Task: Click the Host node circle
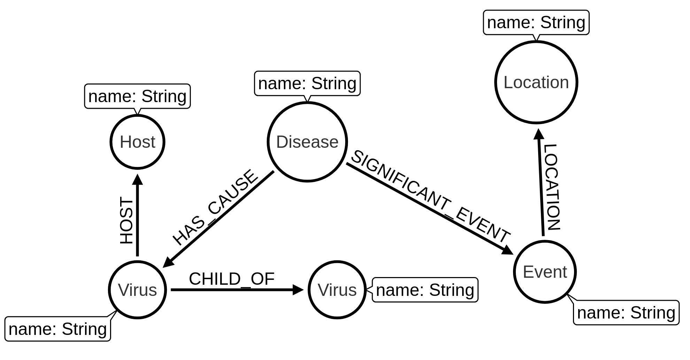pos(137,142)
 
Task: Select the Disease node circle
pos(307,142)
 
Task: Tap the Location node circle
pos(536,82)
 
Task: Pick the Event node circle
pos(545,272)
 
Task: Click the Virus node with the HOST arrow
pos(137,290)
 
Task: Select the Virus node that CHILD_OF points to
pos(337,290)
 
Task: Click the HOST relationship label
pos(126,221)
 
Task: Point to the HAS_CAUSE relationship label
pos(215,207)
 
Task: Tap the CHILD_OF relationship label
pos(232,279)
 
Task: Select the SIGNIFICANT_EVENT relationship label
pos(430,197)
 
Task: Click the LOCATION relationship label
pos(552,187)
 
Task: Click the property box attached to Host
pos(137,96)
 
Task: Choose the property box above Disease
pos(307,84)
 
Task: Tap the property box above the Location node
pos(536,22)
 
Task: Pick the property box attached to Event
pos(626,313)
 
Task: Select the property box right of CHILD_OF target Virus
pos(425,290)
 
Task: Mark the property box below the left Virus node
pos(58,329)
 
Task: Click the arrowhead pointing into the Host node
pos(138,179)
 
